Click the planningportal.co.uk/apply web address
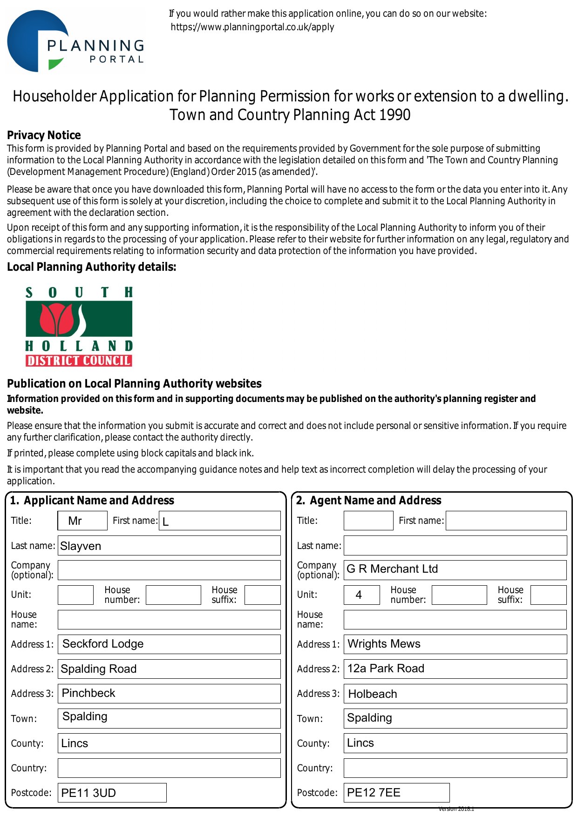252,27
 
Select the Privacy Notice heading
44,135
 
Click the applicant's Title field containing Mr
82,521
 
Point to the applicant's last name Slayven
169,546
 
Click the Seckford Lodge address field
169,644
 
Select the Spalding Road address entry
169,669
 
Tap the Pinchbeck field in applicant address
169,693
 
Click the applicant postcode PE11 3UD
112,793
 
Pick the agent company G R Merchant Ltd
455,569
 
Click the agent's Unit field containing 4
361,595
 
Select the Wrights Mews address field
455,644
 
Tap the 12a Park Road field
455,669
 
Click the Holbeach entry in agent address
455,694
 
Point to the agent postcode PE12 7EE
396,792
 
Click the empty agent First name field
506,521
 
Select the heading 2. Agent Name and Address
368,501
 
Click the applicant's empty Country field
169,768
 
